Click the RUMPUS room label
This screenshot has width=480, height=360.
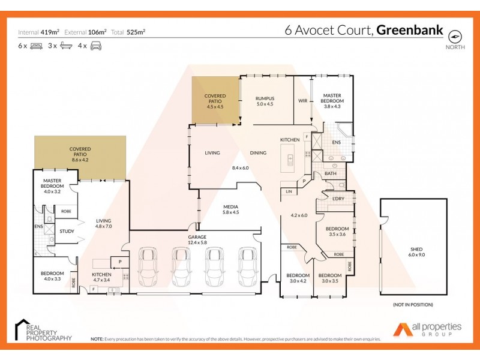click(x=265, y=98)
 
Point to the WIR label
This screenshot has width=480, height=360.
click(x=303, y=101)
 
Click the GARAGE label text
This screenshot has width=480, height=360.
click(x=197, y=237)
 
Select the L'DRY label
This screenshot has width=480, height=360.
click(x=330, y=199)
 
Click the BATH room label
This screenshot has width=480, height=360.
click(x=331, y=174)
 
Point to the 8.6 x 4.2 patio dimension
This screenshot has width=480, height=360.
click(x=80, y=160)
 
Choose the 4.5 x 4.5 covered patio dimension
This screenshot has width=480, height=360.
click(x=214, y=107)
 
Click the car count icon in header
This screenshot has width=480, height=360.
click(x=95, y=46)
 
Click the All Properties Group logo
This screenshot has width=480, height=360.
click(x=428, y=329)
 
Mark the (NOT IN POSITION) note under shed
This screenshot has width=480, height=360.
click(x=413, y=305)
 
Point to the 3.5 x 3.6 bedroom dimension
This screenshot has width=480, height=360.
click(x=337, y=235)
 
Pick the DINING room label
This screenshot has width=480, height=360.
click(x=259, y=153)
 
